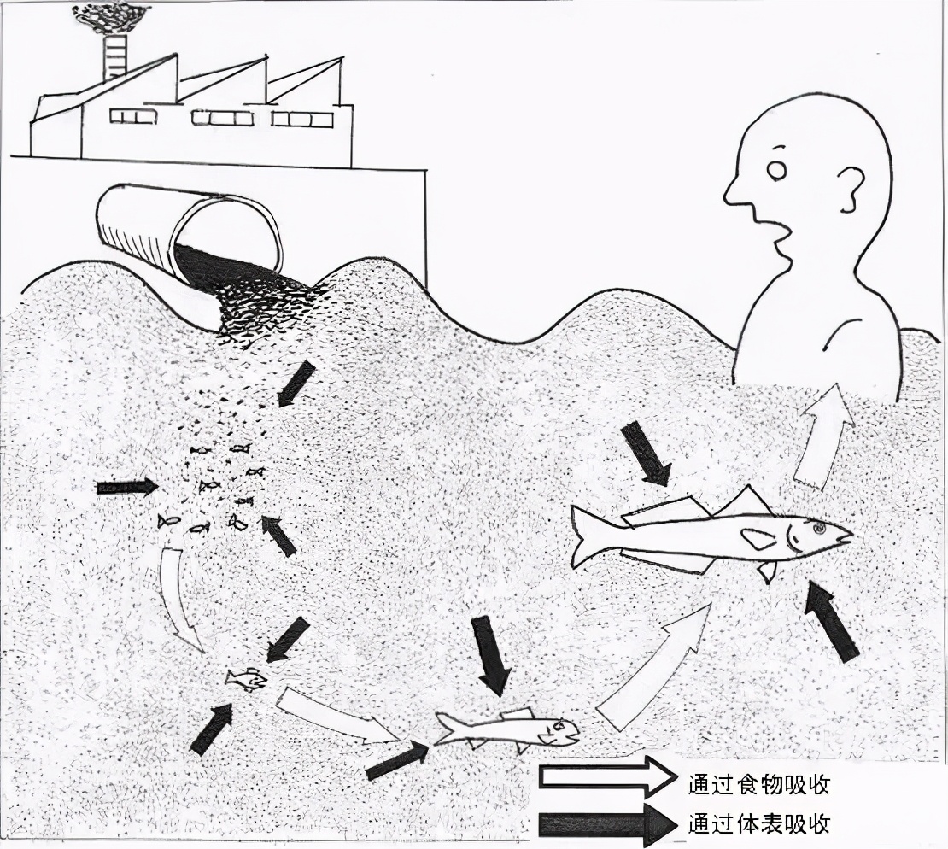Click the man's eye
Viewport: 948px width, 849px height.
776,171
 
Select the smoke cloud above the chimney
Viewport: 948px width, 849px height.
112,15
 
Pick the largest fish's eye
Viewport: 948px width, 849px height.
820,530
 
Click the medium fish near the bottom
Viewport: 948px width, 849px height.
508,729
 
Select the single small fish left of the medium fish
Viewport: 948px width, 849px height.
246,679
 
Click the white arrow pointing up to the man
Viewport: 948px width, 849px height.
822,436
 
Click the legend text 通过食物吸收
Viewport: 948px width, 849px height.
758,782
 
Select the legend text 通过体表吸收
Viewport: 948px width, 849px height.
758,823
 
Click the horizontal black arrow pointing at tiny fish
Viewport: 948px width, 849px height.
126,487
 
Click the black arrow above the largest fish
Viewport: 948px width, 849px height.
645,453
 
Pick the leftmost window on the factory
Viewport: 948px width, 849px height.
132,116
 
